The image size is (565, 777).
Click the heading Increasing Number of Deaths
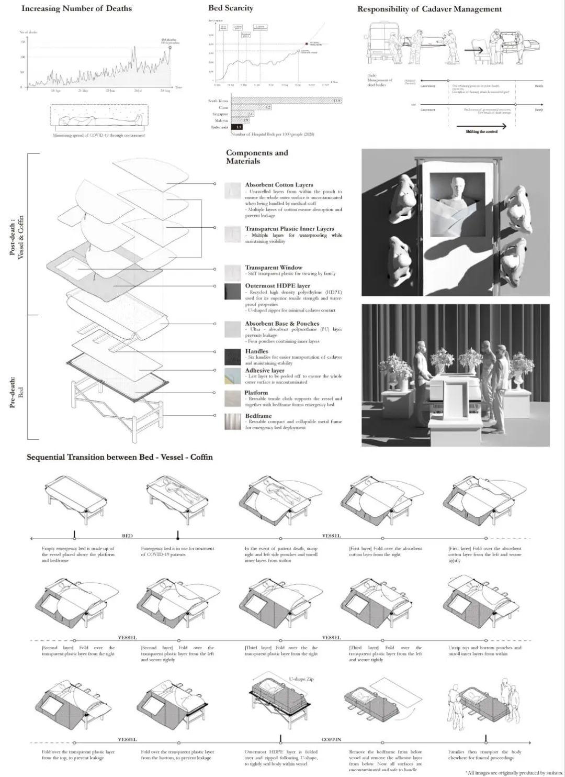(76, 8)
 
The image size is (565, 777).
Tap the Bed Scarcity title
(230, 8)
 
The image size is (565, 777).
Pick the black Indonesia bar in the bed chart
(237, 127)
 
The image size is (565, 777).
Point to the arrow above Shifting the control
(481, 126)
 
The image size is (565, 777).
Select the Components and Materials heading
(257, 157)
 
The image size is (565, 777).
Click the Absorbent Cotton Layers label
(279, 185)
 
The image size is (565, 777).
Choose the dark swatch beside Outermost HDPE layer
(233, 292)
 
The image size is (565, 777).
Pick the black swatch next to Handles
(233, 357)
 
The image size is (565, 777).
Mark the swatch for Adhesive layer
(233, 375)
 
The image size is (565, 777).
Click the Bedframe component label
(258, 416)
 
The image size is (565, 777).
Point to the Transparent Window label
(273, 268)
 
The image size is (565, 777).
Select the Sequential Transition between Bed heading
(120, 457)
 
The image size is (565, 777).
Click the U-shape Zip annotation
(302, 679)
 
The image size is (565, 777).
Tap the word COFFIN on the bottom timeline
(331, 739)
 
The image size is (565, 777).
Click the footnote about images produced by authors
(514, 772)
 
